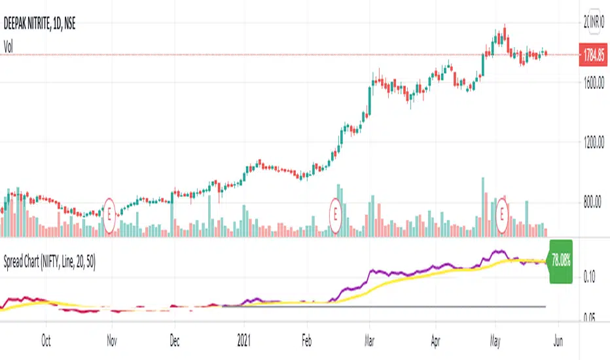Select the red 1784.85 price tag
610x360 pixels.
tap(594, 56)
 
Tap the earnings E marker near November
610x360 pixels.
tap(112, 213)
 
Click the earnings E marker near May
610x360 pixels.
tap(503, 212)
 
